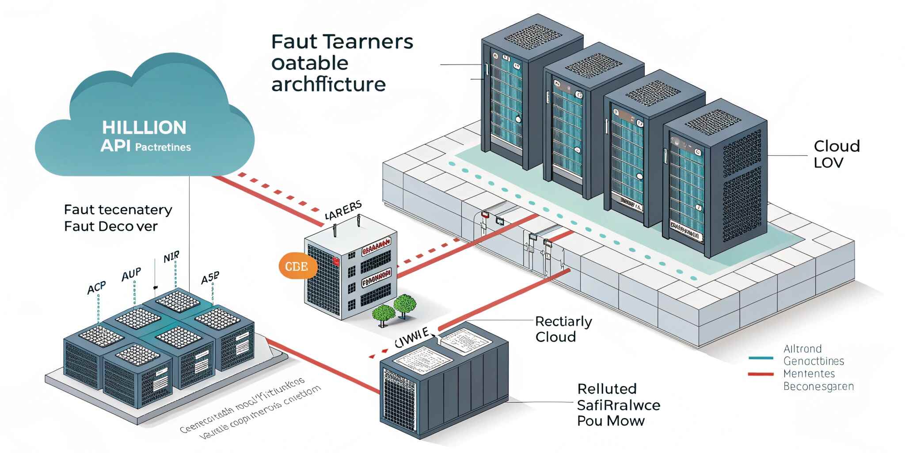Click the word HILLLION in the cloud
pyautogui.click(x=144, y=128)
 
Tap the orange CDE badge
pyautogui.click(x=297, y=266)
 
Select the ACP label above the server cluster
pyautogui.click(x=96, y=288)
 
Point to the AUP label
pyautogui.click(x=131, y=275)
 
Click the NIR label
pyautogui.click(x=171, y=257)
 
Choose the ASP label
pyautogui.click(x=210, y=278)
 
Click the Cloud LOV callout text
pyautogui.click(x=836, y=154)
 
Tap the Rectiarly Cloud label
pyautogui.click(x=563, y=329)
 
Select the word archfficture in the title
pyautogui.click(x=328, y=84)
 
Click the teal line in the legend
pyautogui.click(x=761, y=358)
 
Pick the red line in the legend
pyautogui.click(x=761, y=374)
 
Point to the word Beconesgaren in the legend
pyautogui.click(x=818, y=387)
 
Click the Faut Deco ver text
pyautogui.click(x=110, y=226)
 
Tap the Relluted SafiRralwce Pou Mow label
pyautogui.click(x=618, y=405)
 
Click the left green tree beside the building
pyautogui.click(x=383, y=313)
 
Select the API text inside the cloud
pyautogui.click(x=115, y=146)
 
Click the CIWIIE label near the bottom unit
pyautogui.click(x=411, y=338)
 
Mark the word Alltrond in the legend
pyautogui.click(x=802, y=349)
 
